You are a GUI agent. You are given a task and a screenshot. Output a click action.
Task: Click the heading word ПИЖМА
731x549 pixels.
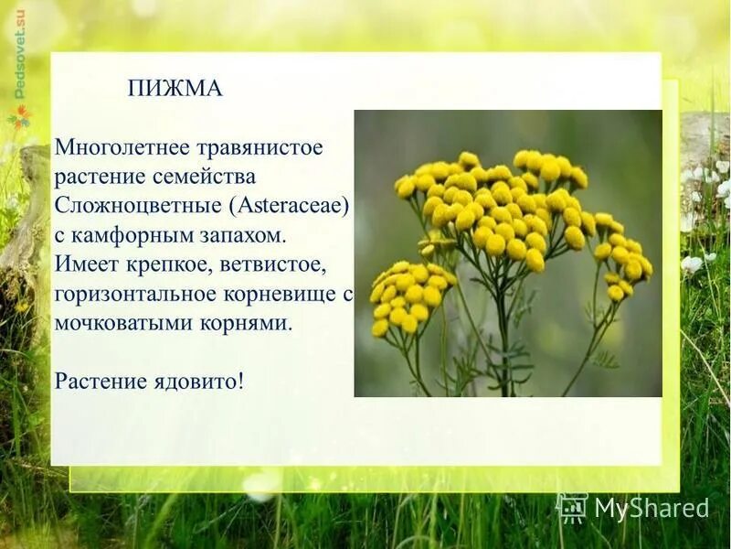[175, 89]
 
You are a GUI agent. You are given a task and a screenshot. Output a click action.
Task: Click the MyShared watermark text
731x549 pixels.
[651, 509]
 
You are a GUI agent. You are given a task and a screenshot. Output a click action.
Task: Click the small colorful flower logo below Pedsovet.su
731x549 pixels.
[19, 115]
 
